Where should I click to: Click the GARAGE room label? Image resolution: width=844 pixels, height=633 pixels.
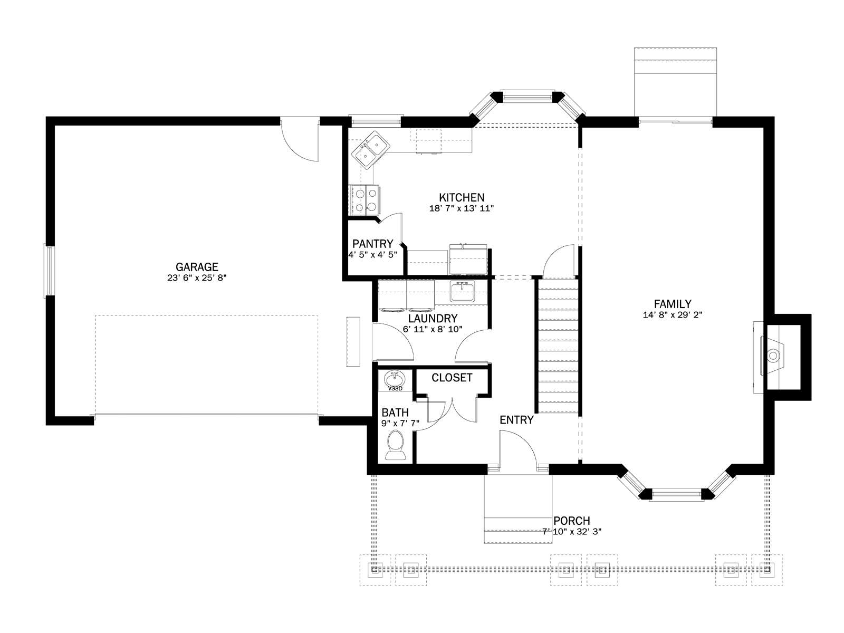[x=197, y=267]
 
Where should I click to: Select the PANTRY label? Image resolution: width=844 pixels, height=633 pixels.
[x=372, y=244]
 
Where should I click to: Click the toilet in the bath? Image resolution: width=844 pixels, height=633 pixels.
[x=396, y=445]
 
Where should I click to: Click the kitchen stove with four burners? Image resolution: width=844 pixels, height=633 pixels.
[x=364, y=200]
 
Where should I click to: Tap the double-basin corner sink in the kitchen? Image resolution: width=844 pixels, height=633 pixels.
[x=371, y=150]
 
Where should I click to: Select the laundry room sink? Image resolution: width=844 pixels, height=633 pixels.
[x=463, y=291]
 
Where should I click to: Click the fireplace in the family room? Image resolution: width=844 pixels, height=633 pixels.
[x=773, y=356]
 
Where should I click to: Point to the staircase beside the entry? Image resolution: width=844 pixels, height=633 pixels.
[x=558, y=345]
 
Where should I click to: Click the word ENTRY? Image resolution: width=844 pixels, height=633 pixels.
[x=516, y=420]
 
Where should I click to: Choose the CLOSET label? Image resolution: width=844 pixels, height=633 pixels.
[x=452, y=378]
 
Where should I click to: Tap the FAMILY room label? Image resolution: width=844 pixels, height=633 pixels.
[x=673, y=304]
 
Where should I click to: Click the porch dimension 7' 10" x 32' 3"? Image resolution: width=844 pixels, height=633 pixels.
[x=572, y=532]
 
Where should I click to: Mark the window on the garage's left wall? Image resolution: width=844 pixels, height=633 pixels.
[x=49, y=271]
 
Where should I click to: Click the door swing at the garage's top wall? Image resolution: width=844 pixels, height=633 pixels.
[x=300, y=140]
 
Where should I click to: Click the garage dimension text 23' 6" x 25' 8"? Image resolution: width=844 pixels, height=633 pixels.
[x=197, y=278]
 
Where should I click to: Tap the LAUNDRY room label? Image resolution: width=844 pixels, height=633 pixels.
[x=433, y=318]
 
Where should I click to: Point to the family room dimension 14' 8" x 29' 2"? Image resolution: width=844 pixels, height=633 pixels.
[x=673, y=315]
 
